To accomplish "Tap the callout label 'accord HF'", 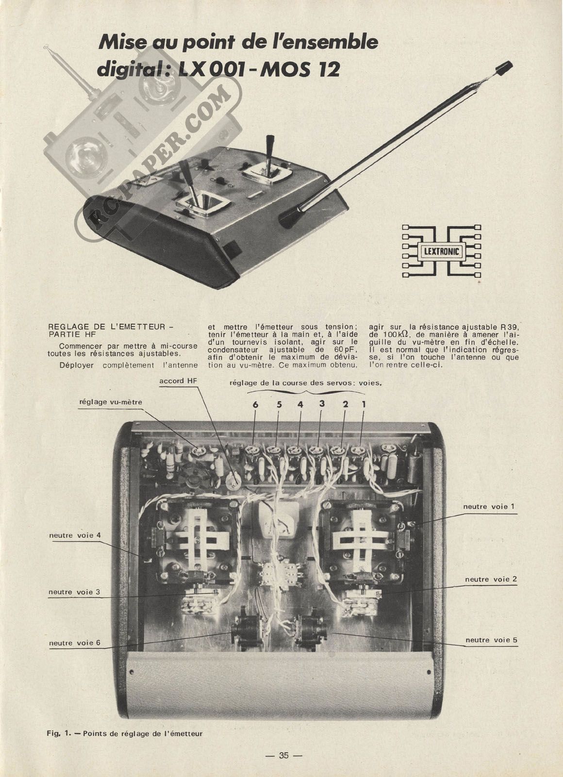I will (178, 381).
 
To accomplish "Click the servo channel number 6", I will (255, 404).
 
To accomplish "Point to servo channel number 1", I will (364, 403).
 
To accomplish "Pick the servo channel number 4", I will (300, 404).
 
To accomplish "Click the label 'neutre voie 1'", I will (489, 506).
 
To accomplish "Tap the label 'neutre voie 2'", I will (491, 579).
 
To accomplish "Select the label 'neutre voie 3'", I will (74, 592).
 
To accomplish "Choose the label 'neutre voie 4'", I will (75, 535).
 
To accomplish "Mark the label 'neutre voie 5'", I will (491, 640).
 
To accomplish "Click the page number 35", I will (283, 756).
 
